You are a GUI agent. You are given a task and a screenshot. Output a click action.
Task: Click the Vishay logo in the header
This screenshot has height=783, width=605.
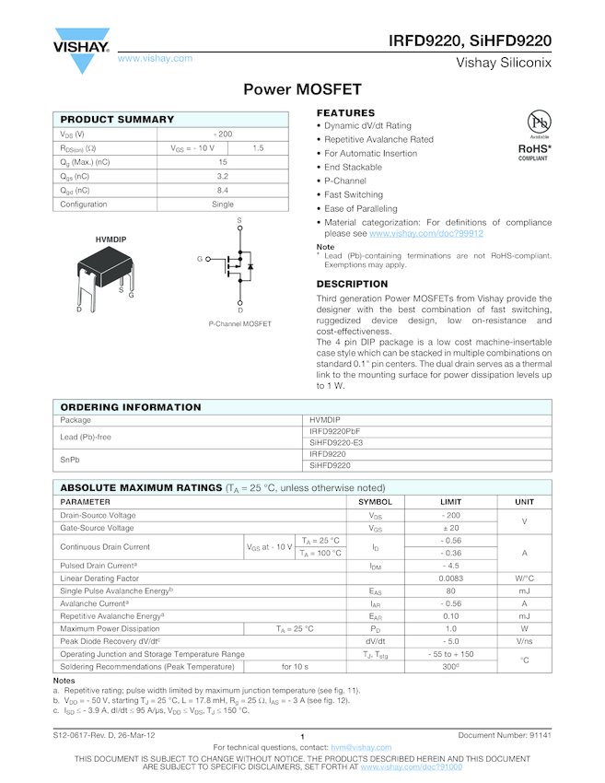pos(82,48)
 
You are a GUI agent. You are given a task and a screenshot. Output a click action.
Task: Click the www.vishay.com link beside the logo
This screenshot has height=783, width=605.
pos(155,58)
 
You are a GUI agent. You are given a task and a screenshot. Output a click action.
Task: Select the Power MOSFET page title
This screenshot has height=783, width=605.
pos(302,90)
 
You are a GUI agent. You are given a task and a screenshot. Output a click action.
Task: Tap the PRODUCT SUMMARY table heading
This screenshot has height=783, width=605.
pos(117,120)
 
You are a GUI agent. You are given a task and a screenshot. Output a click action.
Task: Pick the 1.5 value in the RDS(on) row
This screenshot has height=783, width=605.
pos(258,148)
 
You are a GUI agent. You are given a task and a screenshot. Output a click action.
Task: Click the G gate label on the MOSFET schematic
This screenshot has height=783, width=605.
pos(199,259)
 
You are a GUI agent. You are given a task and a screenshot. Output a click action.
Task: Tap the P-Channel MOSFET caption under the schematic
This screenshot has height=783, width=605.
pos(240,324)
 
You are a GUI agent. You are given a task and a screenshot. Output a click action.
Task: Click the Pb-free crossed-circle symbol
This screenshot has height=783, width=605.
pos(539,123)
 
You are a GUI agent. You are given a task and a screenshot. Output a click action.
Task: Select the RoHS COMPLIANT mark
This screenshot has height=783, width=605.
pos(535,151)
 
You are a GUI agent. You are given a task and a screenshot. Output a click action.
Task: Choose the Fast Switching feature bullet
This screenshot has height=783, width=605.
pos(353,195)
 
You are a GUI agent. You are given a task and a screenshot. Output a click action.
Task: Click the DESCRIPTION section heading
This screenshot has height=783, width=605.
pos(352,284)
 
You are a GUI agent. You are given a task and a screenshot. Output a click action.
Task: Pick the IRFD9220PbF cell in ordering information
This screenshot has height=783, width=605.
pos(335,431)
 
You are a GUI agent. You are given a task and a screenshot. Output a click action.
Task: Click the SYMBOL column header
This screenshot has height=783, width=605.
pos(375,502)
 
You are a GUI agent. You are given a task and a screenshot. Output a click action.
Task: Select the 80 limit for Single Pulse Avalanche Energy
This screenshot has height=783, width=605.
pos(451,590)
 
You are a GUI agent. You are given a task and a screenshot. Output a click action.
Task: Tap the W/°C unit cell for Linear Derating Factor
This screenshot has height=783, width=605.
pos(524,578)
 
